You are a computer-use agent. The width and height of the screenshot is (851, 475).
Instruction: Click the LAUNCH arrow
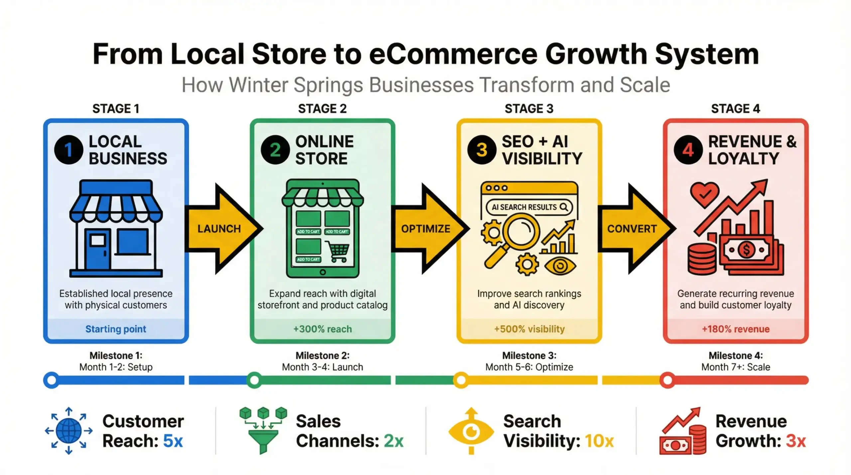pos(219,229)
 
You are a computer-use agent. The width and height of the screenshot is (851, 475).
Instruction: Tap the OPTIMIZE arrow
pos(426,229)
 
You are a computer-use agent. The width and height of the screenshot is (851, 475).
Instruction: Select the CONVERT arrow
pos(632,229)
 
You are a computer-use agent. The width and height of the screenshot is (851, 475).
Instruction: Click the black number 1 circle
pos(68,150)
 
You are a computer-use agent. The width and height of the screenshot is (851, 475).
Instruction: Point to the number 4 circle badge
pos(688,150)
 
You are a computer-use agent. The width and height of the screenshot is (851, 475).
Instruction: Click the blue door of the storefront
pos(98,249)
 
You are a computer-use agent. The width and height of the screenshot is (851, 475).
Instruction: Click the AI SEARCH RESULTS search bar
pos(529,207)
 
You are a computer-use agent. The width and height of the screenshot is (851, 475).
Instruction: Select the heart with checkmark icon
pos(704,195)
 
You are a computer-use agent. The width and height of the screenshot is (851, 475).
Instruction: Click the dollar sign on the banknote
pos(746,249)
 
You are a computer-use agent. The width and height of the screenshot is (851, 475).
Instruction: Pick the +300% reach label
pos(322,329)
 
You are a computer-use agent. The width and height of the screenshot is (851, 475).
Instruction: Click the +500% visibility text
pos(529,329)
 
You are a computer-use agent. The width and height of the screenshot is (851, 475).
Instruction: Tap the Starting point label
pos(116,329)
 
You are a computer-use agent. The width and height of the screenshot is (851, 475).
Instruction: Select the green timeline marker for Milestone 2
pos(254,380)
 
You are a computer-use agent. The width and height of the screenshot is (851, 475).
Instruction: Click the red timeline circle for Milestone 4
pos(668,380)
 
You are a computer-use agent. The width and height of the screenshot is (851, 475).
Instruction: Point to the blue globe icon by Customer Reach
pos(69,430)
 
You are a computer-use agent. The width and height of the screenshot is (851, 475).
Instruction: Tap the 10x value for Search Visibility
pos(599,441)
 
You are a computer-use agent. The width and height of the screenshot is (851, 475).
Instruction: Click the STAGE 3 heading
pos(529,109)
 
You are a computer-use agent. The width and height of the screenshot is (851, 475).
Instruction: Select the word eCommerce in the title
pos(453,54)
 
